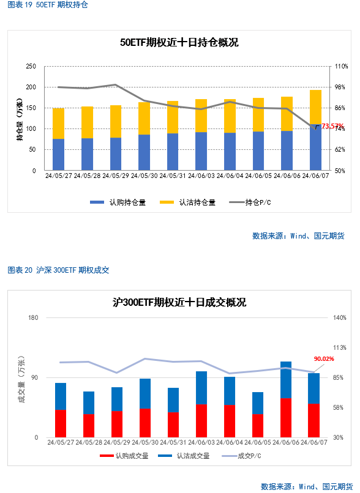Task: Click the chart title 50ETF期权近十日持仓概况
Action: [x=179, y=42]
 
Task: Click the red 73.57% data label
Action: [x=332, y=126]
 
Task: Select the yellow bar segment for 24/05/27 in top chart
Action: [x=59, y=124]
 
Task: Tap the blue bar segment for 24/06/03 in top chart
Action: [x=201, y=151]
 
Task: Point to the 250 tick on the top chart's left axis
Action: [x=31, y=66]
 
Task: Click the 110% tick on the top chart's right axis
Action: [x=341, y=66]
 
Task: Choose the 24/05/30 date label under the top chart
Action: [x=144, y=176]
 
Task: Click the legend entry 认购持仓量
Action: [x=118, y=202]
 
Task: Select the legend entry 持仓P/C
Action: [x=250, y=202]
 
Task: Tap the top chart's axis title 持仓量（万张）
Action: [x=20, y=119]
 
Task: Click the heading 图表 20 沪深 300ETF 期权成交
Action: [x=59, y=270]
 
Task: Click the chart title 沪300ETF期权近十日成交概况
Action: [x=179, y=302]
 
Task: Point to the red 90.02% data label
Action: [x=324, y=359]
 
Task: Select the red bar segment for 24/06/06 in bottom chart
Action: [x=286, y=418]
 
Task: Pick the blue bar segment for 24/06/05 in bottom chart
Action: [x=258, y=403]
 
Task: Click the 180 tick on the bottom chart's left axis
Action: [x=33, y=317]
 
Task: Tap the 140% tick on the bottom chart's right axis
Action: [x=340, y=317]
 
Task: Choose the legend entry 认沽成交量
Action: [x=184, y=456]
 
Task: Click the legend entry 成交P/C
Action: [x=241, y=456]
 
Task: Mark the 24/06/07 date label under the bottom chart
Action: [x=313, y=442]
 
